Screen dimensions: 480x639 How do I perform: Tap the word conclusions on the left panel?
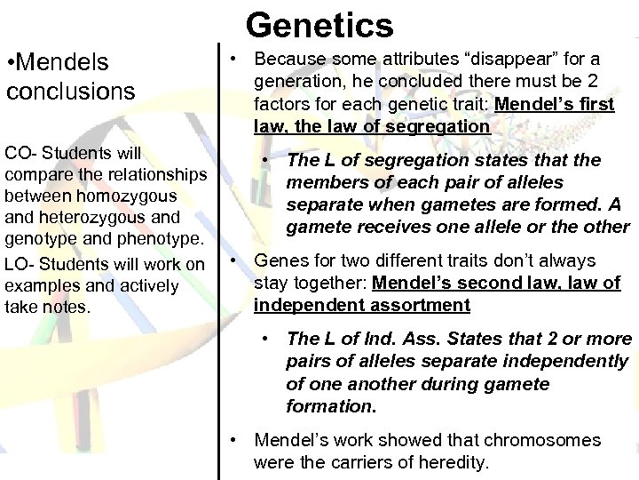pyautogui.click(x=70, y=91)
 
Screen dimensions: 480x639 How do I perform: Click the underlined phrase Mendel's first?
pyautogui.click(x=555, y=104)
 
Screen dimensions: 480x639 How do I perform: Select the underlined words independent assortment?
pyautogui.click(x=361, y=306)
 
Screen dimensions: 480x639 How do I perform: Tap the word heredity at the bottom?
pyautogui.click(x=449, y=462)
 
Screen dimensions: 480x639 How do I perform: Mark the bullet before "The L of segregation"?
pyautogui.click(x=266, y=161)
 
